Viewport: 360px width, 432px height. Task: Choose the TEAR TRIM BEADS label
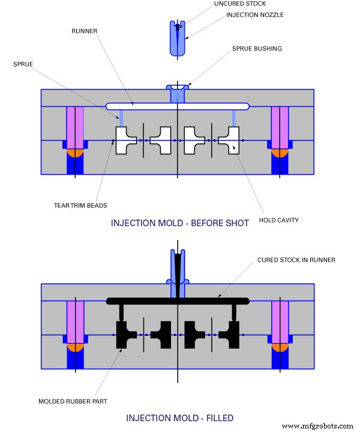80,205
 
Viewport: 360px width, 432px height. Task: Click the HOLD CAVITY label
278,220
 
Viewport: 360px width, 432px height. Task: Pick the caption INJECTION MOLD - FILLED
179,418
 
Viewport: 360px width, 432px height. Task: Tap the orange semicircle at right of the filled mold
280,347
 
